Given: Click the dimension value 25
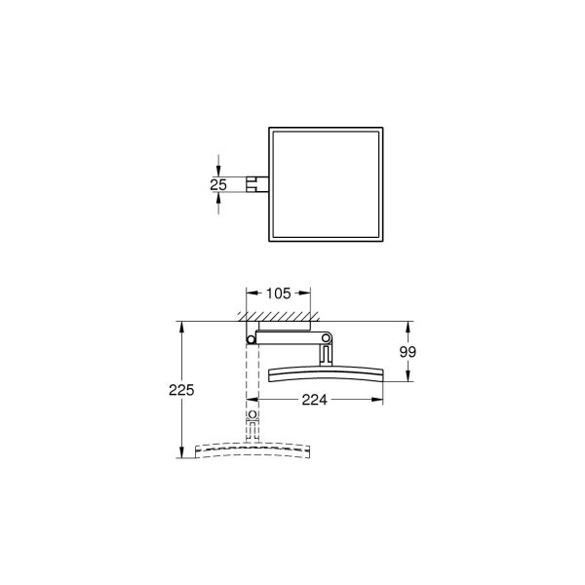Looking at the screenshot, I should (x=218, y=182).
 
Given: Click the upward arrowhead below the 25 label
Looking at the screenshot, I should (x=218, y=194).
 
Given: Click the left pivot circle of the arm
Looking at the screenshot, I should (x=252, y=338).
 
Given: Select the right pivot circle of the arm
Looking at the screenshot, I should (x=326, y=339).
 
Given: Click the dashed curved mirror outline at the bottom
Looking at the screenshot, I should (x=253, y=449).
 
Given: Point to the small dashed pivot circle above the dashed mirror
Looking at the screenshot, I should (x=253, y=415).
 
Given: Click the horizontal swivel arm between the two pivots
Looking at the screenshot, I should (x=289, y=334).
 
